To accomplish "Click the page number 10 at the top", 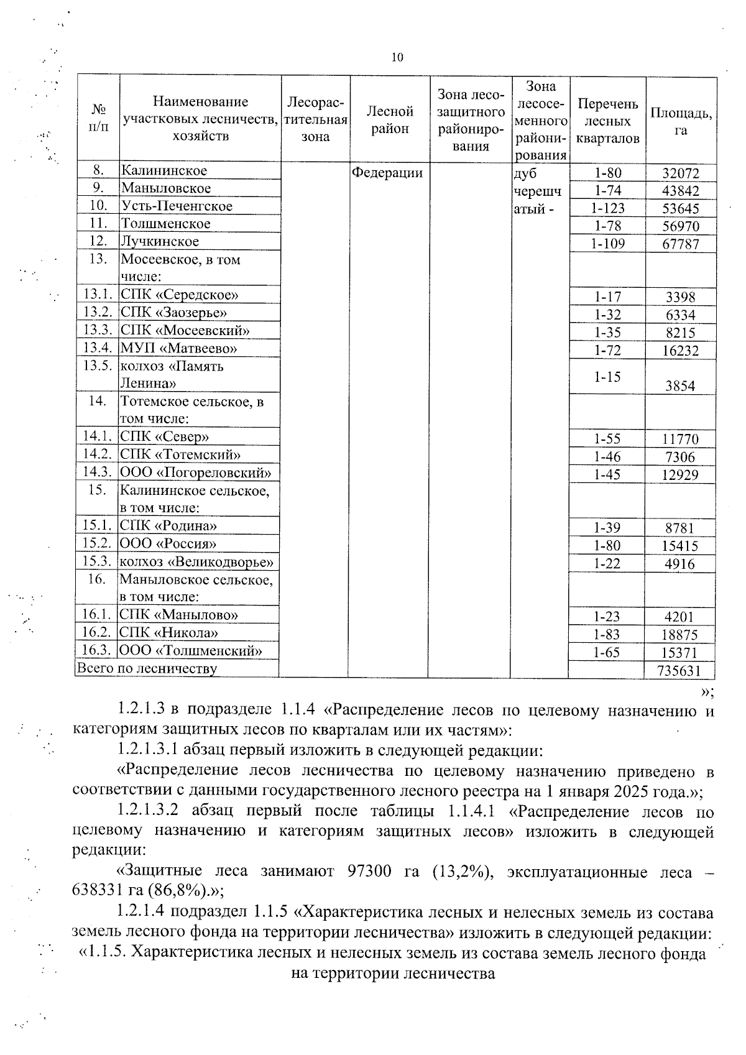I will point(397,58).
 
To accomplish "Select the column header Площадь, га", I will point(681,121).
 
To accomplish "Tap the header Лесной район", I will point(390,120).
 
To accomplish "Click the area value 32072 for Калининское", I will point(681,173).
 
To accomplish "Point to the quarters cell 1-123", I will point(607,208).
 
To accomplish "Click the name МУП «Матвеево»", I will point(178,348).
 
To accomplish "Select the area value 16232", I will point(681,351).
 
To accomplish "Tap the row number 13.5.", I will point(97,366).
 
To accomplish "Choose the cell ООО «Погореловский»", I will point(195,472).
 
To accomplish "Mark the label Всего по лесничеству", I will point(147,669).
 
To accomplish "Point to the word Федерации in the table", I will point(387,172).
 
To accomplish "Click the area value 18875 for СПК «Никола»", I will point(681,635).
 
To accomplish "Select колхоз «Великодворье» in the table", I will point(197,562).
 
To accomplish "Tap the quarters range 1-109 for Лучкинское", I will point(607,244).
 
